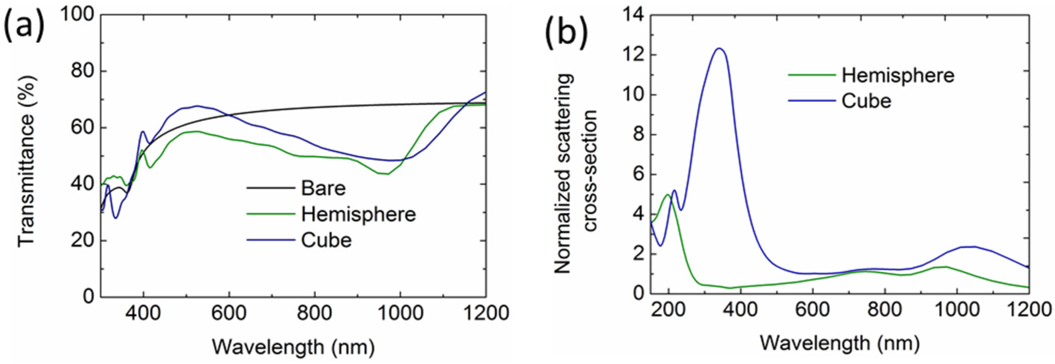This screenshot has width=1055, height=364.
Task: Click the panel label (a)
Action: pos(24,25)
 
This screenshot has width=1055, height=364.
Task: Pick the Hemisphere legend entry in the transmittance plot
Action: pos(358,214)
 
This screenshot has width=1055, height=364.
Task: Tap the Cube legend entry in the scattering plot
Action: pos(866,101)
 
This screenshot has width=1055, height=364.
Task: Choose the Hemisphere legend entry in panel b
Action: pos(898,75)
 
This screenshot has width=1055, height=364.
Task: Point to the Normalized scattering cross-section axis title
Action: pos(575,174)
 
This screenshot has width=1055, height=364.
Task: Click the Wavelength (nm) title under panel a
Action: pos(293,347)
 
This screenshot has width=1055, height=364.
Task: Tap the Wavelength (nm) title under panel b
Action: pos(840,343)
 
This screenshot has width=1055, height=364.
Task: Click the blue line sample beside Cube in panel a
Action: pos(271,240)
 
